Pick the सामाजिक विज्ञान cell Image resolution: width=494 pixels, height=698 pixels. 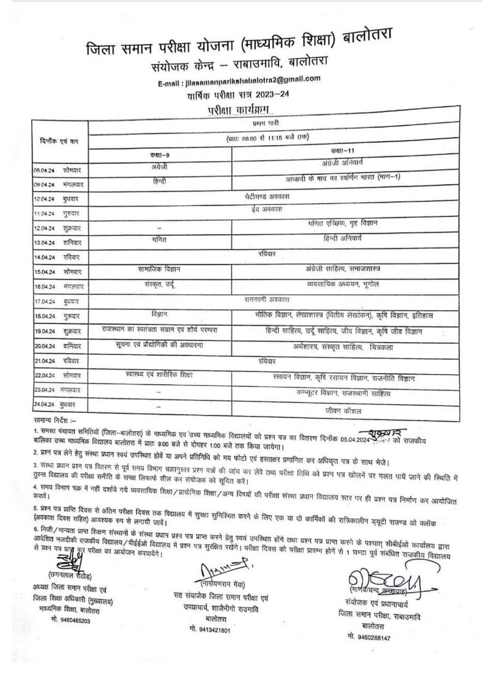160,268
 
